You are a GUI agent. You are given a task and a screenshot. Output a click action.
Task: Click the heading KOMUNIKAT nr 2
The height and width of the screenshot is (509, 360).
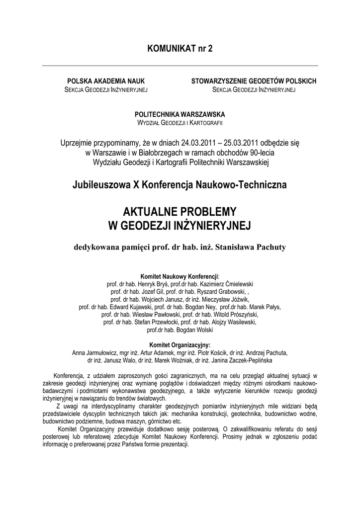tap(180, 49)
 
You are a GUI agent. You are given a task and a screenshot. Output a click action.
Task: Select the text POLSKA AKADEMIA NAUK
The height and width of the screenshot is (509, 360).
tap(106, 81)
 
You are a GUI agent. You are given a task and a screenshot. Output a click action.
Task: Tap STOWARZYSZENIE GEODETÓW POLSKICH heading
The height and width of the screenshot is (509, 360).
tap(254, 81)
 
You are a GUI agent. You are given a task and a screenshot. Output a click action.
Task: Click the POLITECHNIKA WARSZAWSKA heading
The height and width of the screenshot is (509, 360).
tap(180, 114)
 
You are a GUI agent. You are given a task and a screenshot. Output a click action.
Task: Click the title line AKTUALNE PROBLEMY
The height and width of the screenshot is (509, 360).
tap(180, 211)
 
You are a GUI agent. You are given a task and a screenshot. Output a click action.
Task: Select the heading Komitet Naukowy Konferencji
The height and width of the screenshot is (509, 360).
tap(180, 276)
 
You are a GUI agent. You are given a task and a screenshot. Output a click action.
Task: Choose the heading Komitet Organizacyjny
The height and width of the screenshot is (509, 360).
tap(180, 344)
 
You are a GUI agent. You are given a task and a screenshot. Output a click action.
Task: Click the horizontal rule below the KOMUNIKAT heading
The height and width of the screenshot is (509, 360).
tap(180, 66)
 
